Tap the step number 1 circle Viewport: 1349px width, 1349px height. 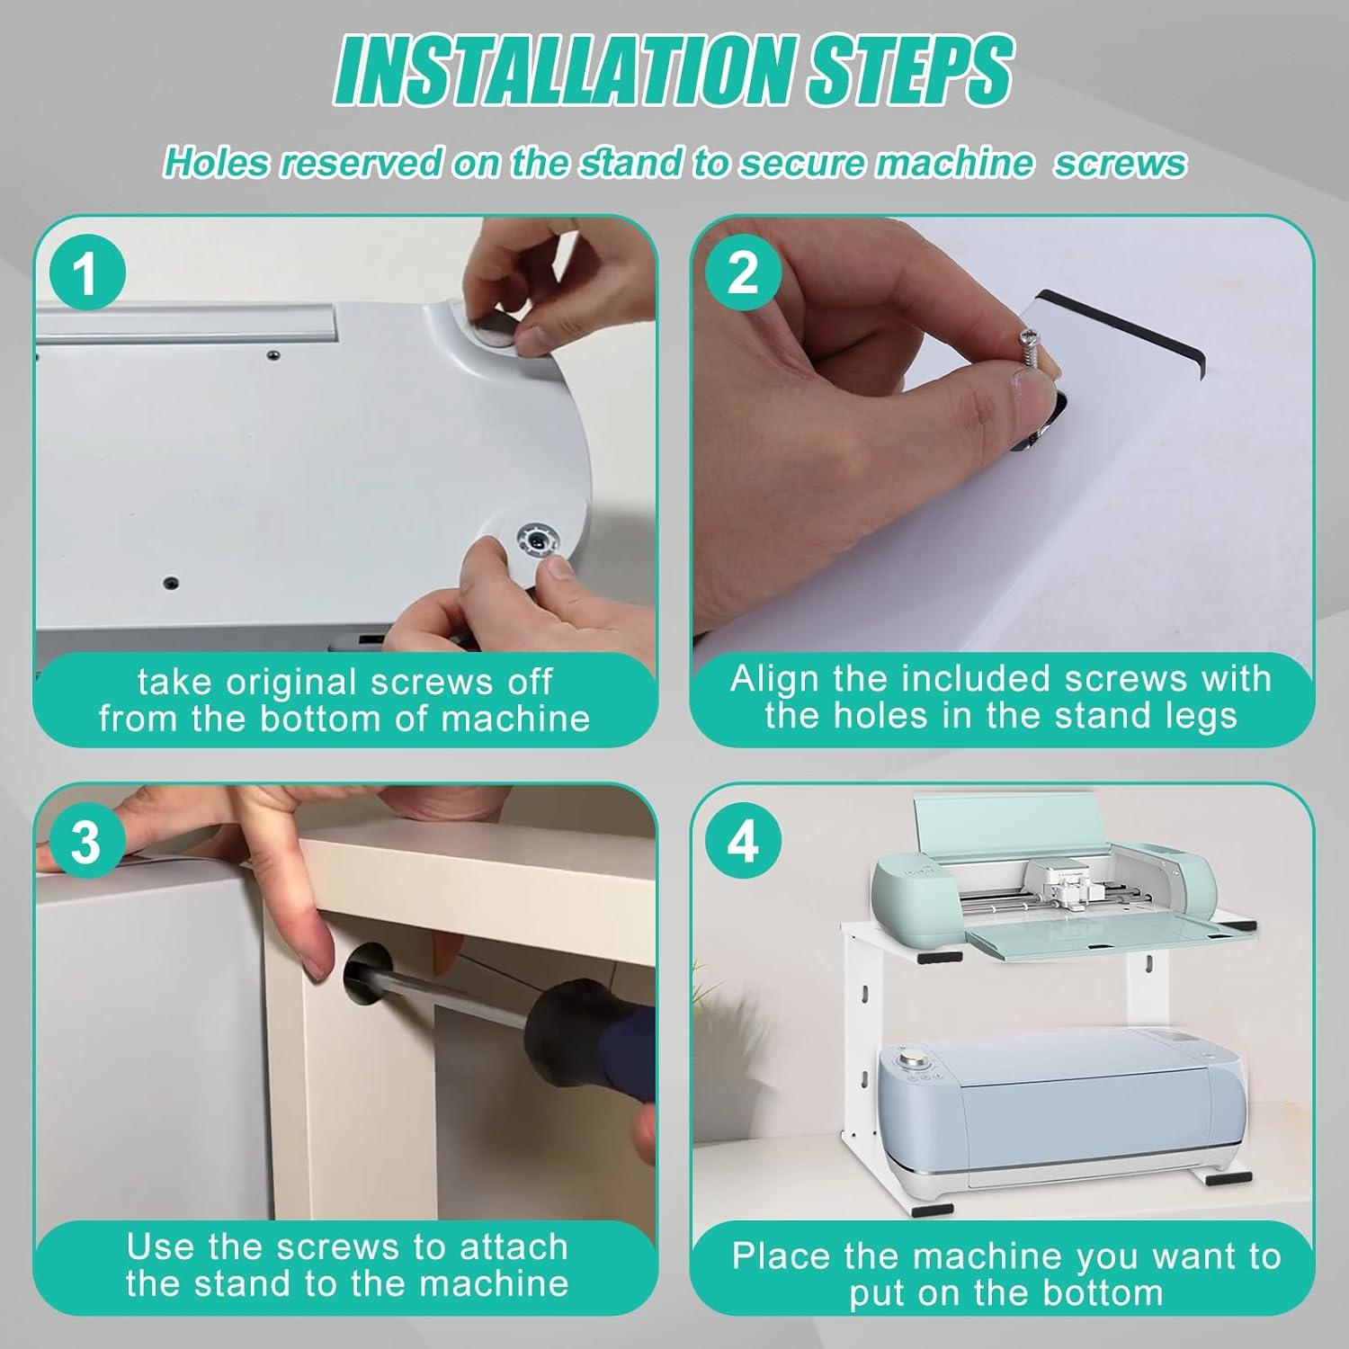click(x=85, y=272)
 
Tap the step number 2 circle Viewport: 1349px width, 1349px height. click(x=742, y=272)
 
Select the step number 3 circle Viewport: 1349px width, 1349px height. click(x=85, y=843)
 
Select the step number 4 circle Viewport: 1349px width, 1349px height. click(x=742, y=843)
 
